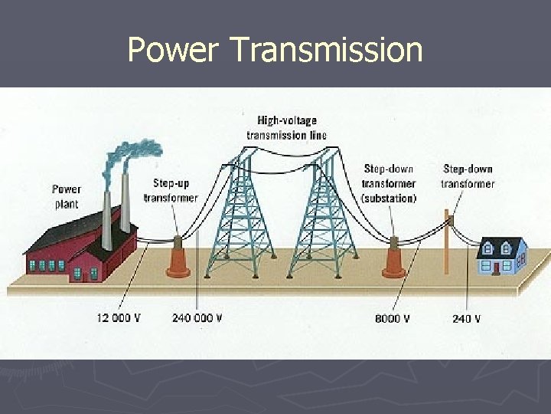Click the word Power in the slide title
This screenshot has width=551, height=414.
click(173, 50)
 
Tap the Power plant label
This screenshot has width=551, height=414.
click(67, 195)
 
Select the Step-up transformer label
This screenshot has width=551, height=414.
click(171, 190)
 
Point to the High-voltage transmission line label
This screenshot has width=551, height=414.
click(287, 128)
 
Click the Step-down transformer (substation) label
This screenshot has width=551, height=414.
click(390, 183)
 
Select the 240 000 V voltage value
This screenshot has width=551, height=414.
click(197, 318)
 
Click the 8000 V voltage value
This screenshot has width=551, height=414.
click(392, 318)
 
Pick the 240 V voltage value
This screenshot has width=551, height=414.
click(466, 318)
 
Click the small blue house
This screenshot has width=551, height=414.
click(502, 257)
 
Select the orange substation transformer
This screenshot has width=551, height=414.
click(395, 258)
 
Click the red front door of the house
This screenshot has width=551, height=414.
click(497, 268)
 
